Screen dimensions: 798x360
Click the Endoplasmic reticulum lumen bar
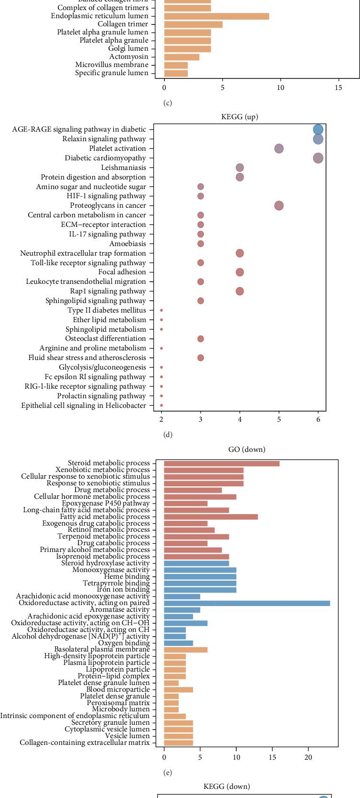(216, 16)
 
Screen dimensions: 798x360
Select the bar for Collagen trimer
(193, 24)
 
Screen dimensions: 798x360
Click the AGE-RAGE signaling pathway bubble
(318, 130)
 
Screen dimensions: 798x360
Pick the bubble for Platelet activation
(279, 149)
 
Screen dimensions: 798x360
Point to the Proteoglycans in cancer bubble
(279, 206)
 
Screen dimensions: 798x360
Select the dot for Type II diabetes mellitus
(161, 311)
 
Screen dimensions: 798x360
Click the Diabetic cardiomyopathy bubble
(318, 158)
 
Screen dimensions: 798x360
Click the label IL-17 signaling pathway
(107, 234)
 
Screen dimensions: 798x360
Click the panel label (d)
(168, 435)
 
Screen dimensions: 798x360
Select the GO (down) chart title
(247, 450)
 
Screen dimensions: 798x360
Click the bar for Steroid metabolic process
(222, 463)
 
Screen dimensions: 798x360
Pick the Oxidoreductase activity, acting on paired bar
(247, 603)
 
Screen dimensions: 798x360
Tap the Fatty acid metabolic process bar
(211, 517)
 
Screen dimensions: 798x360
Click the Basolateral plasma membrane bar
(186, 650)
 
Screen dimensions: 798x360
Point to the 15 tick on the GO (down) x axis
(272, 757)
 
